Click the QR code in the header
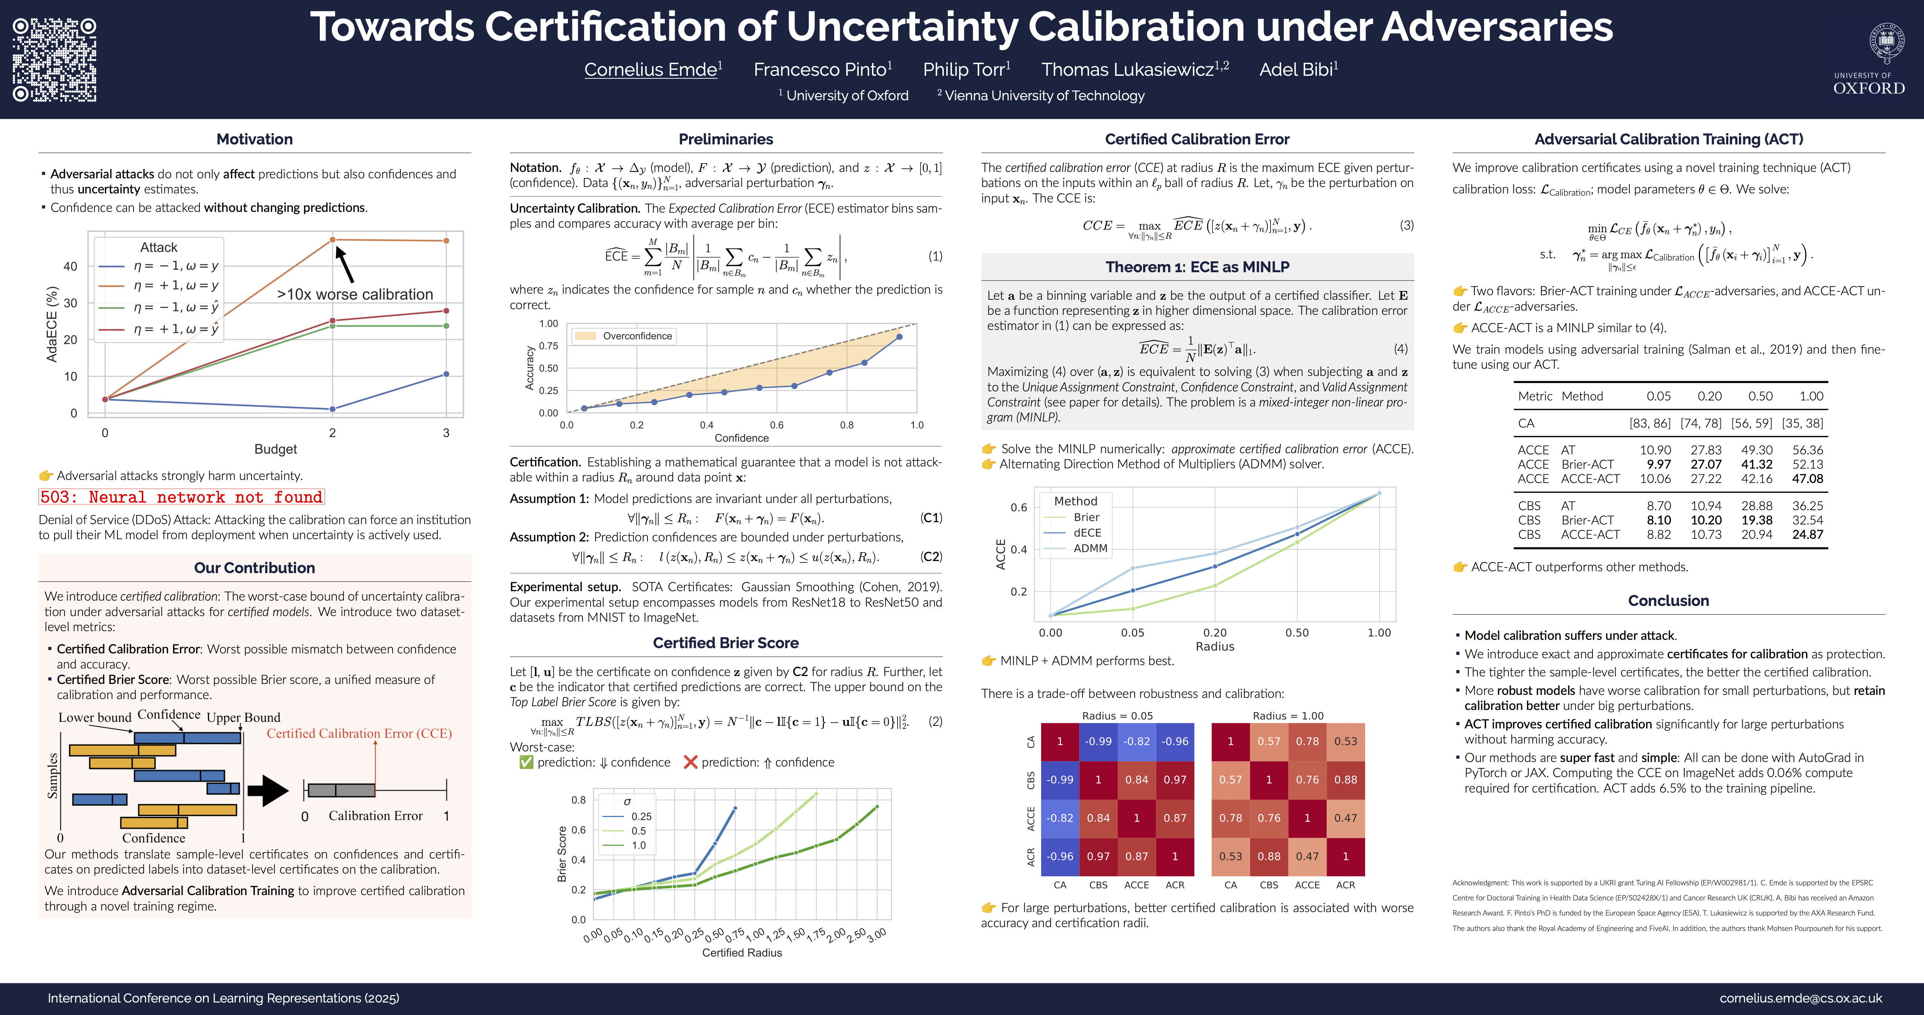tap(55, 60)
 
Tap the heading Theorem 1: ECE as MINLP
tap(1197, 267)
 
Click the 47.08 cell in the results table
tap(1807, 479)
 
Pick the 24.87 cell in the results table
tap(1807, 535)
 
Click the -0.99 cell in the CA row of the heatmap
tap(1098, 742)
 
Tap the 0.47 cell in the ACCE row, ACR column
tap(1345, 818)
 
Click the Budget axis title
tap(276, 449)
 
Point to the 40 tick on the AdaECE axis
tap(70, 267)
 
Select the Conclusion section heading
tap(1668, 601)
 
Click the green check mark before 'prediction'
tap(526, 762)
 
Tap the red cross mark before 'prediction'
tap(690, 762)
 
